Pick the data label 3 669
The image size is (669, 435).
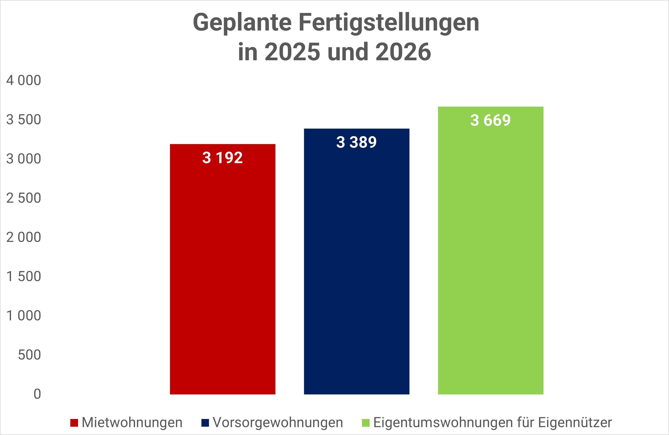pyautogui.click(x=491, y=120)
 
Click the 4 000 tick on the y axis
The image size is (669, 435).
pyautogui.click(x=24, y=80)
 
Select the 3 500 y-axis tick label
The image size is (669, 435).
pyautogui.click(x=24, y=120)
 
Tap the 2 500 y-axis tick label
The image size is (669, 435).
pyautogui.click(x=24, y=198)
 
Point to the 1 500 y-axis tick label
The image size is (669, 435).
pyautogui.click(x=24, y=276)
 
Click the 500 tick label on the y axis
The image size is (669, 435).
pyautogui.click(x=30, y=355)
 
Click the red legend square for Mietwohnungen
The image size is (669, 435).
pyautogui.click(x=74, y=423)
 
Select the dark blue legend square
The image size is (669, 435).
pyautogui.click(x=205, y=423)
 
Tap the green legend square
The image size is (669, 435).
pyautogui.click(x=365, y=423)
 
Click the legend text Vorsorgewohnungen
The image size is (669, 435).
pyautogui.click(x=278, y=423)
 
